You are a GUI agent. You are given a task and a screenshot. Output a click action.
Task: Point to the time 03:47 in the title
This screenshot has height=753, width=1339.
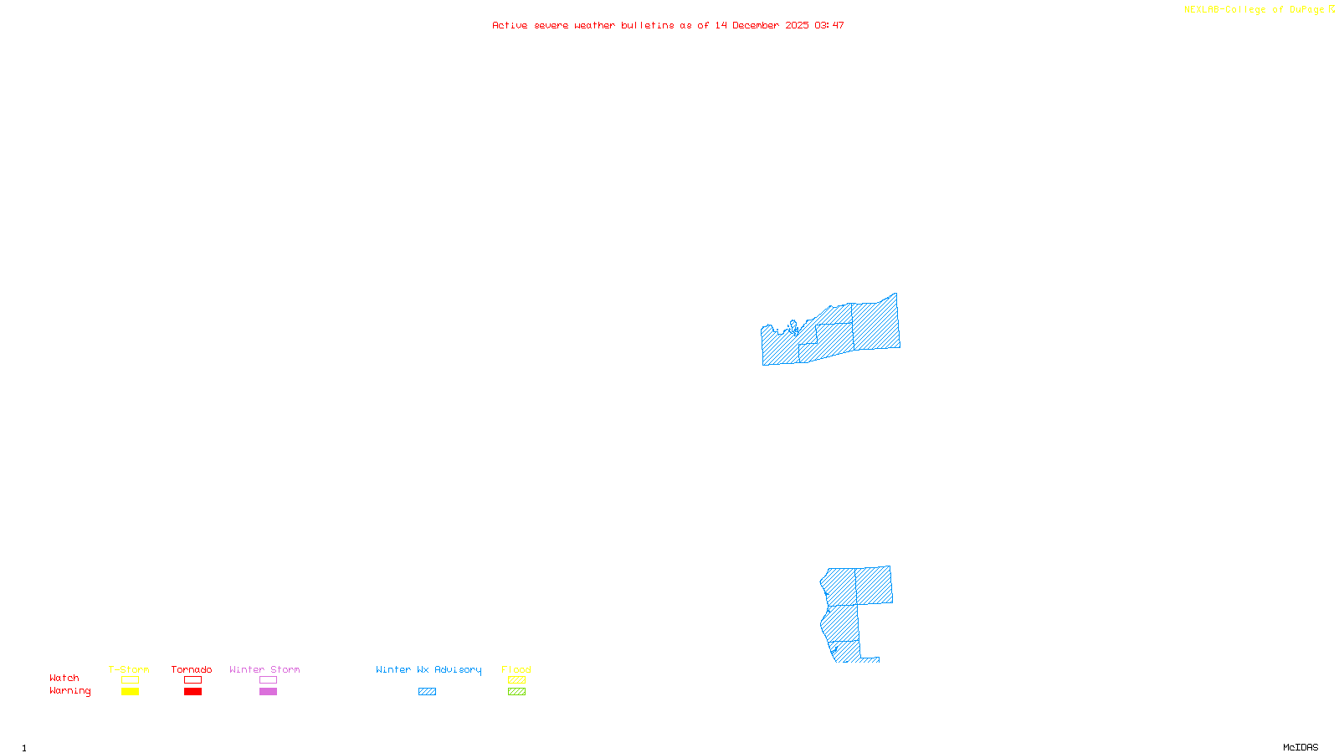click(x=829, y=26)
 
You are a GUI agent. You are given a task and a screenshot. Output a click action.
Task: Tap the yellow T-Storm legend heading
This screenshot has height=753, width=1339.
click(x=129, y=669)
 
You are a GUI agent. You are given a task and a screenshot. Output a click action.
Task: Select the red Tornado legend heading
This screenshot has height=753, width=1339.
click(x=192, y=669)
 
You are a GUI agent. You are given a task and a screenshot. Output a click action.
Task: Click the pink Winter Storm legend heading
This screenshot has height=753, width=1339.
click(x=264, y=669)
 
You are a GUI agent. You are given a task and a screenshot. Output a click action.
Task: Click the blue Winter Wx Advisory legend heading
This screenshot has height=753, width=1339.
click(x=428, y=669)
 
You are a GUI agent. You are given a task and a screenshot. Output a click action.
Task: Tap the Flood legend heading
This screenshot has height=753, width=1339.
click(x=516, y=669)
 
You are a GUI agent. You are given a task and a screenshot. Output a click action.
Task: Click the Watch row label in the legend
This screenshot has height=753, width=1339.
click(x=64, y=679)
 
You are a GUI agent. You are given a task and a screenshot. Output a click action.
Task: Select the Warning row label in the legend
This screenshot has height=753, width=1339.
click(x=70, y=691)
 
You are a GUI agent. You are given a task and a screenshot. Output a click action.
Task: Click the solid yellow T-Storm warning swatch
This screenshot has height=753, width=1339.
click(x=130, y=692)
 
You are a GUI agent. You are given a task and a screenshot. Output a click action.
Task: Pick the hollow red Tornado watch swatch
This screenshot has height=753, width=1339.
click(x=192, y=680)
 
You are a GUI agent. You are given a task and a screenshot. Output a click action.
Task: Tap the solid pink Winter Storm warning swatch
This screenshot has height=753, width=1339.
click(x=268, y=692)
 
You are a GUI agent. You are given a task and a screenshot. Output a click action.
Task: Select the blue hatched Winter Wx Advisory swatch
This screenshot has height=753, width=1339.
click(x=427, y=692)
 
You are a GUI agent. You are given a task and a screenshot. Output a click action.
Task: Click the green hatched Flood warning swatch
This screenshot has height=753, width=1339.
click(x=516, y=692)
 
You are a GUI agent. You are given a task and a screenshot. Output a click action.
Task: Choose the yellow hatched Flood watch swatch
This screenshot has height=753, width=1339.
click(x=516, y=680)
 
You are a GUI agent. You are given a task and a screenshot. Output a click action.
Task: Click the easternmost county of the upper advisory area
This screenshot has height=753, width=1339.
click(x=875, y=325)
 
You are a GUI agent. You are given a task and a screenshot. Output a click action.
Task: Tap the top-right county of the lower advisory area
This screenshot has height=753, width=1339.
click(x=874, y=585)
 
